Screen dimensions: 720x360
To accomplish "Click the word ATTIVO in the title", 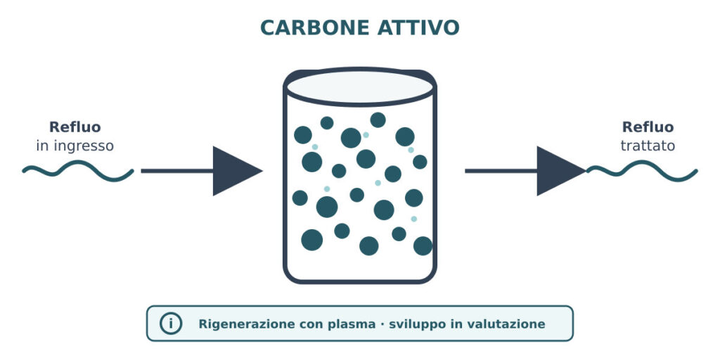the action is pos(418,28).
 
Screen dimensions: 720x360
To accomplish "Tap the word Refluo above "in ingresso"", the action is pos(75,127).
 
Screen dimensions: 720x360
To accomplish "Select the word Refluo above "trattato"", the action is pos(648,127).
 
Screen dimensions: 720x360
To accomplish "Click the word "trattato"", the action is pos(648,146).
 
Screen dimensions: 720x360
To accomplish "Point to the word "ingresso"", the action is pos(84,147).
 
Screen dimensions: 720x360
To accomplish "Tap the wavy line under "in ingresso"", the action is pos(78,171).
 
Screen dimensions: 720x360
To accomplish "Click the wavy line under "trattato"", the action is pos(642,171).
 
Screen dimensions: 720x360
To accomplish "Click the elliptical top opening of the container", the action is pos(360,86).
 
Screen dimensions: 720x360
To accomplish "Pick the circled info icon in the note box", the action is pos(171,323).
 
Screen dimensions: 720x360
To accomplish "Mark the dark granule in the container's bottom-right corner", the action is pos(423,246).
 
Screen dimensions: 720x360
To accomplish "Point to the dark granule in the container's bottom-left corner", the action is pos(311,240).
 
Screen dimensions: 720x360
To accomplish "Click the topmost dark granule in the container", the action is pos(378,120).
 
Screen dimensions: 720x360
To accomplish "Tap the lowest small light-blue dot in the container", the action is pos(413,219).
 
